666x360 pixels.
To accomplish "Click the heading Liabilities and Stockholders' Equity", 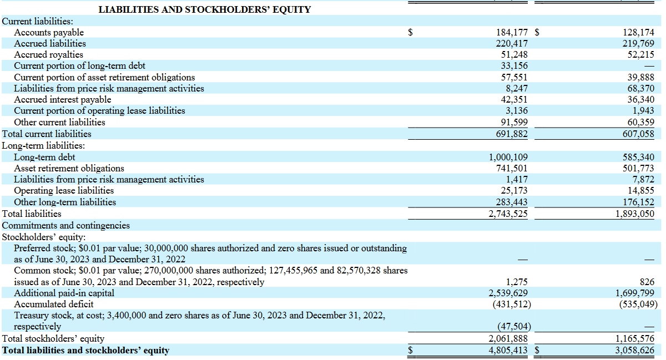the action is pyautogui.click(x=205, y=9).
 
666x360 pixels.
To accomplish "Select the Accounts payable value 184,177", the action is pyautogui.click(x=512, y=32).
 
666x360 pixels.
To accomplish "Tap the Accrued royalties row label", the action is pyautogui.click(x=48, y=55).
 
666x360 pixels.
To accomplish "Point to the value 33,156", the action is pyautogui.click(x=514, y=65).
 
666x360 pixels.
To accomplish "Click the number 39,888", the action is pyautogui.click(x=640, y=77).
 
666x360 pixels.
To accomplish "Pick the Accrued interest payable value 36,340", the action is pyautogui.click(x=640, y=100).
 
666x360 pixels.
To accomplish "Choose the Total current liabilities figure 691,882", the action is pyautogui.click(x=512, y=134).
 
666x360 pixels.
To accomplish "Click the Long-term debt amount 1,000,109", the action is pyautogui.click(x=508, y=157).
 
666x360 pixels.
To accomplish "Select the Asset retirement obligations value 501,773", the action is pyautogui.click(x=638, y=168).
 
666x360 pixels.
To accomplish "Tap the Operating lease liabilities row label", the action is pyautogui.click(x=64, y=191).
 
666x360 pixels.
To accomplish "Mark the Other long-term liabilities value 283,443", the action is pyautogui.click(x=511, y=202).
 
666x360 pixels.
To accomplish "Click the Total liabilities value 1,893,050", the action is pyautogui.click(x=635, y=214).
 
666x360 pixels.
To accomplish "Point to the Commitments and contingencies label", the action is pyautogui.click(x=65, y=226).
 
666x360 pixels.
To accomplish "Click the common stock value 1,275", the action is pyautogui.click(x=517, y=282).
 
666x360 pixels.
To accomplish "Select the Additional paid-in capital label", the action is pyautogui.click(x=64, y=293).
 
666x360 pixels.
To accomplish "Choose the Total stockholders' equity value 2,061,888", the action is pyautogui.click(x=508, y=338).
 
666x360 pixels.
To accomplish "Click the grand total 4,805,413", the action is pyautogui.click(x=508, y=350).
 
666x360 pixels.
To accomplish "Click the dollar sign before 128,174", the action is pyautogui.click(x=537, y=32).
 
